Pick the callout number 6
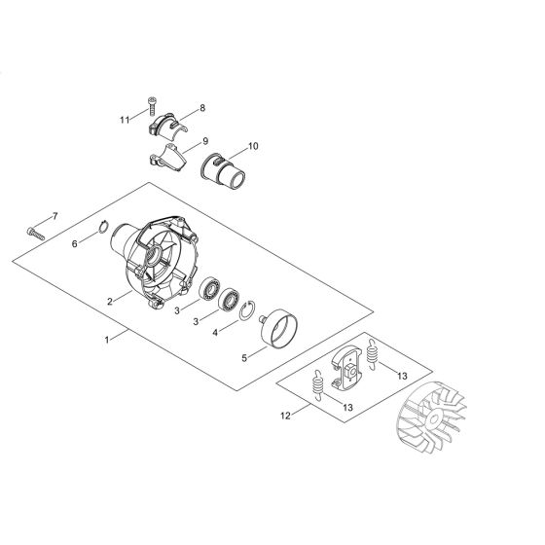(74, 245)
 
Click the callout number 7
(55, 215)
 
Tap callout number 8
(201, 108)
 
